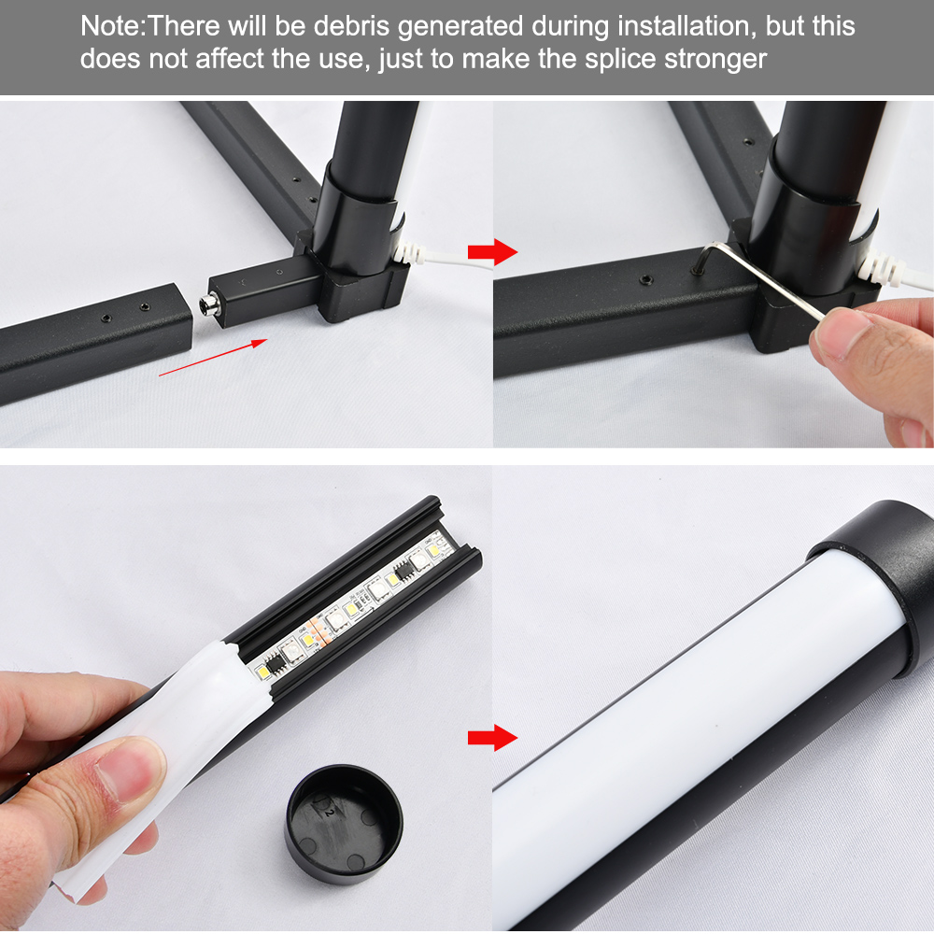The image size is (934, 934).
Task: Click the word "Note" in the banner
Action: pyautogui.click(x=111, y=26)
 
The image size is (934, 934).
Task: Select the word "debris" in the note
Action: pyautogui.click(x=351, y=26)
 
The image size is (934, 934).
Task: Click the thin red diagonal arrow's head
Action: pyautogui.click(x=260, y=343)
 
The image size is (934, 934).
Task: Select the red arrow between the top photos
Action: pyautogui.click(x=492, y=252)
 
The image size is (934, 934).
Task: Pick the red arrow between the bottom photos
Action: pyautogui.click(x=492, y=738)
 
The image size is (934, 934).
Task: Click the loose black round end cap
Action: pyautogui.click(x=344, y=823)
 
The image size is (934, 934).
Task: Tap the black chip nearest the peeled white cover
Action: pyautogui.click(x=274, y=662)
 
